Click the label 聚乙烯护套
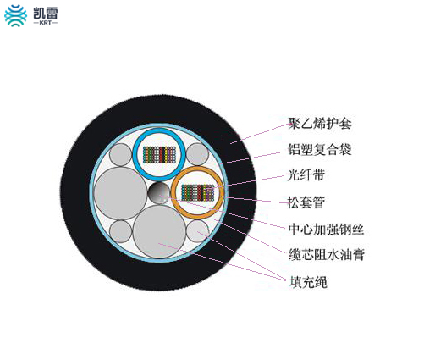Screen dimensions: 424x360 pyautogui.click(x=320, y=124)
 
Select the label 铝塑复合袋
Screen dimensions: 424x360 pyautogui.click(x=320, y=149)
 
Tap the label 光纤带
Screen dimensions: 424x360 pyautogui.click(x=306, y=175)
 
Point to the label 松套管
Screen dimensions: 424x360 pyautogui.click(x=306, y=202)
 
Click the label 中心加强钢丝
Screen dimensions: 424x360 pyautogui.click(x=326, y=229)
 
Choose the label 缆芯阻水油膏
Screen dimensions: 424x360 pyautogui.click(x=327, y=255)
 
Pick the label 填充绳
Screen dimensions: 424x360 pyautogui.click(x=308, y=282)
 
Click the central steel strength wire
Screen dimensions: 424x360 pyautogui.click(x=159, y=193)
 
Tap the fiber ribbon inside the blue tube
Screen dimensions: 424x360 pyautogui.click(x=159, y=155)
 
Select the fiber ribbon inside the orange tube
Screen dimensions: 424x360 pyautogui.click(x=197, y=193)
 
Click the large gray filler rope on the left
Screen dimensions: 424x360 pyautogui.click(x=121, y=193)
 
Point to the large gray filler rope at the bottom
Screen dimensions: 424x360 pyautogui.click(x=160, y=232)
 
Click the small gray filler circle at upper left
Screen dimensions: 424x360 pyautogui.click(x=120, y=154)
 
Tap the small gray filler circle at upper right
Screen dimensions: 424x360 pyautogui.click(x=198, y=154)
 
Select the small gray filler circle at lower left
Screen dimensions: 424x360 pyautogui.click(x=121, y=231)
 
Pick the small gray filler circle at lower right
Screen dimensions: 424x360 pyautogui.click(x=198, y=231)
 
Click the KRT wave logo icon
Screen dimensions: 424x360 pyautogui.click(x=16, y=16)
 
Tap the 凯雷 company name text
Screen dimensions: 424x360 pyautogui.click(x=46, y=13)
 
